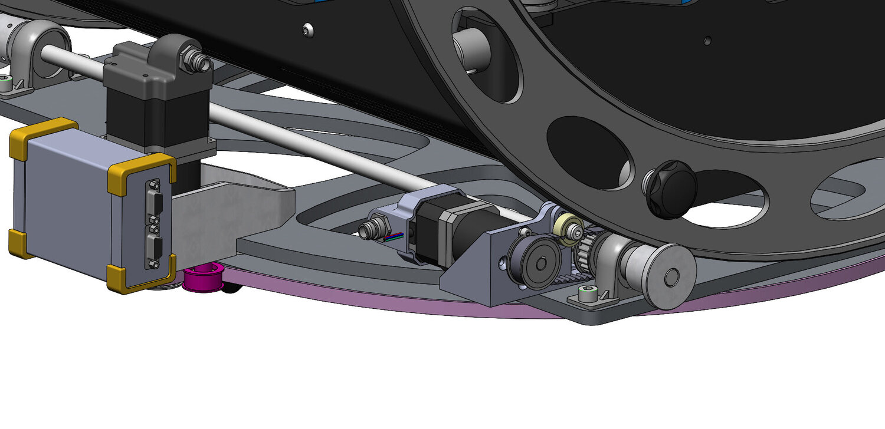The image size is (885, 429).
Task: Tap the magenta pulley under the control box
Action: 203,278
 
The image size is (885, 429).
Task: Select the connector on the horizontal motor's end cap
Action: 373,226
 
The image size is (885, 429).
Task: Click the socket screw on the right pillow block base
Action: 588,293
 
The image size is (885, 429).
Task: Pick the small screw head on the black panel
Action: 306,29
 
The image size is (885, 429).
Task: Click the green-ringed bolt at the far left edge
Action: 6,84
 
